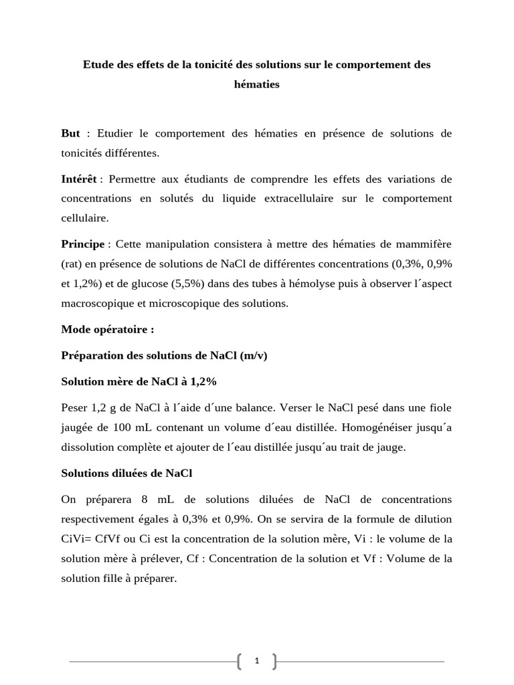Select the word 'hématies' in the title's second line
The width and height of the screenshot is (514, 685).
(x=256, y=84)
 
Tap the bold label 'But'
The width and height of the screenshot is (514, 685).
(x=70, y=133)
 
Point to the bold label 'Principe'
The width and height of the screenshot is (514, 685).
(x=83, y=244)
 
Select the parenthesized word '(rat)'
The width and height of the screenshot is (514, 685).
(x=72, y=264)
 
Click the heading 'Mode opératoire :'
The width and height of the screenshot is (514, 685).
(x=107, y=329)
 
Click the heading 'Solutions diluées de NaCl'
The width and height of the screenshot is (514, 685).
(x=126, y=473)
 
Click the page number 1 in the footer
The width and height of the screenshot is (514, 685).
(x=257, y=662)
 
